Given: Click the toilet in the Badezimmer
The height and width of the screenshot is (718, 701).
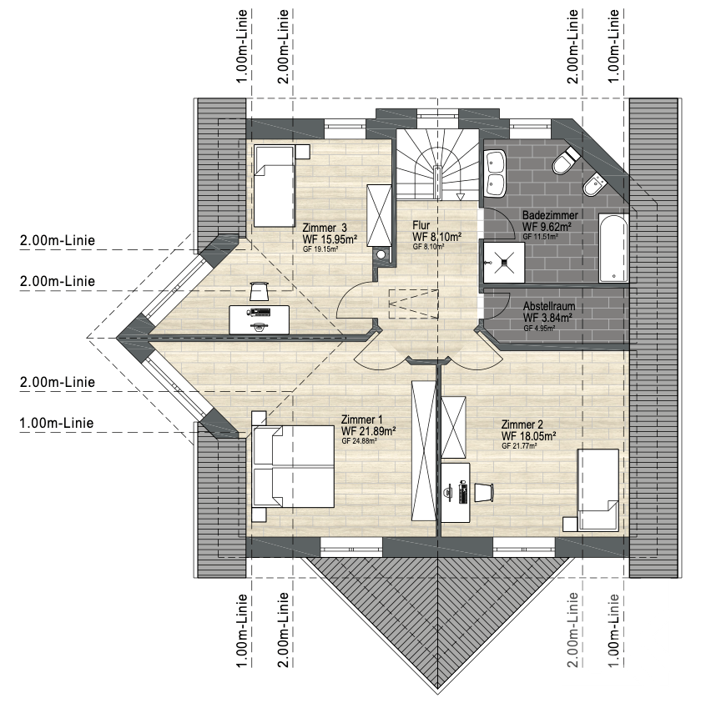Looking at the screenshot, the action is coord(566,159).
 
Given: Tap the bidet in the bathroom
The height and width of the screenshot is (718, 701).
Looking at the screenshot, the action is coord(594,185).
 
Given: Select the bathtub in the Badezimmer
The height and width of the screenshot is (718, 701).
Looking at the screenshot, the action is coord(613,248).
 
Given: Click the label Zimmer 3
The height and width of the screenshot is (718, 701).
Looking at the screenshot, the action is coord(325,228).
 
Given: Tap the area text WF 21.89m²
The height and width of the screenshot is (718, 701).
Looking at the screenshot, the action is coord(368,431).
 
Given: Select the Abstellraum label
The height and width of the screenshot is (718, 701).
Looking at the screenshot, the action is coord(549,306).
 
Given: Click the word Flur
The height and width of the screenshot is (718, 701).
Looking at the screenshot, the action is coord(421,225).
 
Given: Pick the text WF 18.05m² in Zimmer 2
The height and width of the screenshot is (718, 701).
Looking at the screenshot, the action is coord(529,435).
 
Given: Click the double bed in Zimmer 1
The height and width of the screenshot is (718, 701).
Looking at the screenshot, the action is coord(293,466).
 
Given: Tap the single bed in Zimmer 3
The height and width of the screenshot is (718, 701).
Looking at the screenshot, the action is coord(275,186).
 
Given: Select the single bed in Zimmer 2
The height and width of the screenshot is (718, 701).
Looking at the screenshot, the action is coord(598,490).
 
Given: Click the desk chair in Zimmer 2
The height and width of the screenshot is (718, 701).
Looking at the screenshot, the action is coord(483,492).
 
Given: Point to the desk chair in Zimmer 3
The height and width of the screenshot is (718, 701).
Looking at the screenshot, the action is coord(259,291).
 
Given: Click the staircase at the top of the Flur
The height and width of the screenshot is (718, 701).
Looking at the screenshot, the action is coord(437,164).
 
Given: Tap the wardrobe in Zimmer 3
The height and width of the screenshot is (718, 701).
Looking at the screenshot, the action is coord(380,216).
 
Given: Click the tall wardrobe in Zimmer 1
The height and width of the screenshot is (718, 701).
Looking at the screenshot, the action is coord(424,450).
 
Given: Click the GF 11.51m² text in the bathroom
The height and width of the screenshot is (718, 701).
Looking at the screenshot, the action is coord(540,237).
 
